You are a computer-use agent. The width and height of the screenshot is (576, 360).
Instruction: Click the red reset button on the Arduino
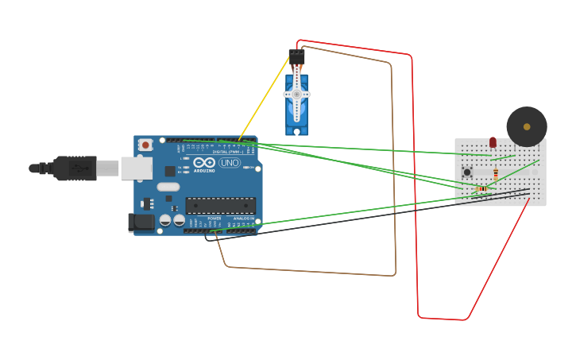(145, 145)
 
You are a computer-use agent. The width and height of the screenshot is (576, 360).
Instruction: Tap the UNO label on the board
(230, 163)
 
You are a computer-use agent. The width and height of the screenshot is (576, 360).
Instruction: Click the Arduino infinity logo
(203, 162)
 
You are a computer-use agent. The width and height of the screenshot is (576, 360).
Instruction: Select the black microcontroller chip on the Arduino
(220, 206)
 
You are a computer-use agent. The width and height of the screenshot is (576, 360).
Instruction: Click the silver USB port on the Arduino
(136, 168)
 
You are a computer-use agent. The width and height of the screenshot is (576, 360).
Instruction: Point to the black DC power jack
(141, 223)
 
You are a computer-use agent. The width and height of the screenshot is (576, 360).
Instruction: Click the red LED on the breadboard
(493, 142)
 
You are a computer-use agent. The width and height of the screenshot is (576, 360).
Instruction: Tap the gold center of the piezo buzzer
(527, 126)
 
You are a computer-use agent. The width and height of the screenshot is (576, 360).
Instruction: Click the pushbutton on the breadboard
(467, 172)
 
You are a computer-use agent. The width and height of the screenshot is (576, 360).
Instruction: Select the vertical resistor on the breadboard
(496, 174)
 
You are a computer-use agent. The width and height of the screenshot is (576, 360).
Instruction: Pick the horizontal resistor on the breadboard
(481, 188)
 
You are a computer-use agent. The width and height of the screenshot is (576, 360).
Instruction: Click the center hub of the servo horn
(296, 94)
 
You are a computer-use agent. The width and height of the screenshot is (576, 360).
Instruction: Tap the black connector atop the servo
(296, 57)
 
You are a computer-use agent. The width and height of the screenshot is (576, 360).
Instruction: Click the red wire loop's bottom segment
(442, 319)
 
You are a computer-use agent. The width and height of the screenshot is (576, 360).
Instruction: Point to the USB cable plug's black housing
(75, 168)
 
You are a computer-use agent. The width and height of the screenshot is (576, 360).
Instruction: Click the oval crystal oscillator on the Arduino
(168, 188)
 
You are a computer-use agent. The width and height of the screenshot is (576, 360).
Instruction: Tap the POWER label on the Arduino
(214, 218)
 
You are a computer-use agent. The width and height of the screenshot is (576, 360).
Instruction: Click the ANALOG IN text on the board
(242, 218)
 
